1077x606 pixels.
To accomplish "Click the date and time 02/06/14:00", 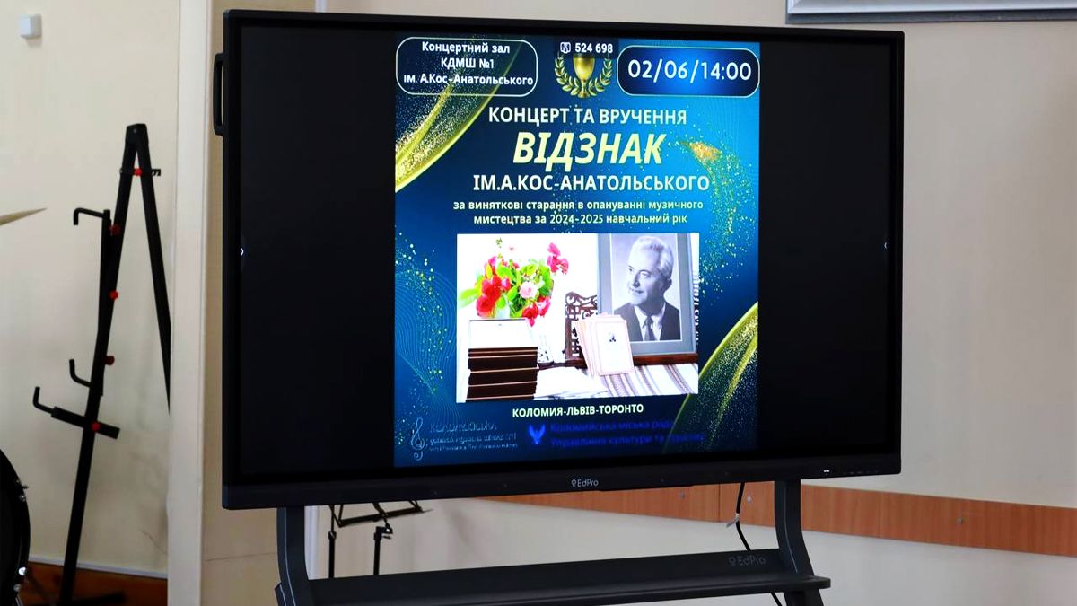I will [687, 71].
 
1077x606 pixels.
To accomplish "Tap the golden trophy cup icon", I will [583, 72].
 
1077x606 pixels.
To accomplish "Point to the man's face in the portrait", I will [649, 275].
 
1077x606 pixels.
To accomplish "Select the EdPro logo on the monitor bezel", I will [584, 483].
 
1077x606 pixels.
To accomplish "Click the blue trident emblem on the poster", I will [537, 435].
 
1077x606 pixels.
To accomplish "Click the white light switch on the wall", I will [31, 24].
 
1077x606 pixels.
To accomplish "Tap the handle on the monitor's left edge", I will [218, 94].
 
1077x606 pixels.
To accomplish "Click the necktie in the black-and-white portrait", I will [648, 328].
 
